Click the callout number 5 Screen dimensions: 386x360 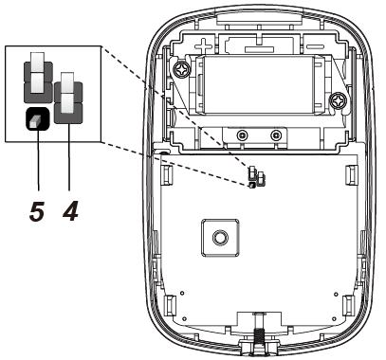tap(37, 211)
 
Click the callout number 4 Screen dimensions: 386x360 tap(70, 211)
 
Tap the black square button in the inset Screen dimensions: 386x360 tap(38, 118)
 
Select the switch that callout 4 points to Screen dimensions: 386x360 tap(68, 98)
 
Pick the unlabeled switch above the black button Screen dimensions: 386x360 tap(38, 78)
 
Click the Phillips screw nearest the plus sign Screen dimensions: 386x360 tap(182, 69)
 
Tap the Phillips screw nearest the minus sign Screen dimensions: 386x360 tap(338, 101)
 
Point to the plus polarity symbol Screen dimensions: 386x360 tap(203, 46)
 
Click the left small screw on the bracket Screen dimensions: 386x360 tap(242, 135)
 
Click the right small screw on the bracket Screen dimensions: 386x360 tap(276, 135)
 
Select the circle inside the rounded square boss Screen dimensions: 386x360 tap(220, 238)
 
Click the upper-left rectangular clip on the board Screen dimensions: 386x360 tap(166, 174)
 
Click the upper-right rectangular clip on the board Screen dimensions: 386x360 tap(351, 174)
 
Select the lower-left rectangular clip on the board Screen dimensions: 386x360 tap(170, 305)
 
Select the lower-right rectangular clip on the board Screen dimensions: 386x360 tap(349, 305)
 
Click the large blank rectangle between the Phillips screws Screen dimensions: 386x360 tap(258, 84)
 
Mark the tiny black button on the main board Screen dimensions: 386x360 tap(252, 186)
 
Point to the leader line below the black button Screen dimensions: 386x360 tap(38, 160)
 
